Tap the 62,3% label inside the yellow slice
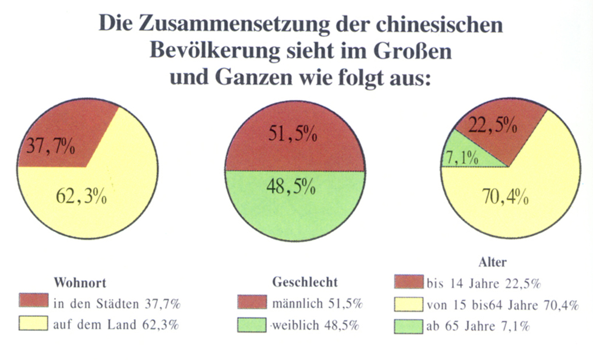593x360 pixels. pos(81,196)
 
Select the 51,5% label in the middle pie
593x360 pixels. pos(292,135)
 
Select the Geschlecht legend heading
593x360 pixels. pos(305,282)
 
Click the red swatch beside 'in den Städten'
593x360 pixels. pos(33,301)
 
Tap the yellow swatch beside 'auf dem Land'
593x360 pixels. pos(33,323)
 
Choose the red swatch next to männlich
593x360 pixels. pos(252,302)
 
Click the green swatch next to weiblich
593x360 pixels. pos(252,324)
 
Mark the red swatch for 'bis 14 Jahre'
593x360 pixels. pos(408,282)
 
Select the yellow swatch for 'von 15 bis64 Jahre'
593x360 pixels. pos(408,303)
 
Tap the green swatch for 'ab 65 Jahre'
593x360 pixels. pos(408,326)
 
